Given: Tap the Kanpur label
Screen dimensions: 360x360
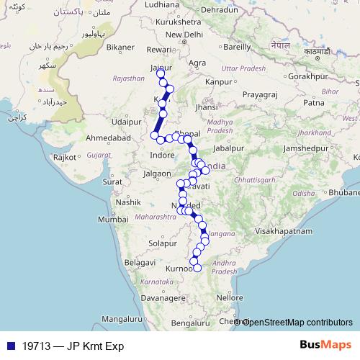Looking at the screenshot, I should pyautogui.click(x=217, y=82).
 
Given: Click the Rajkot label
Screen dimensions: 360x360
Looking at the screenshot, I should pyautogui.click(x=65, y=156).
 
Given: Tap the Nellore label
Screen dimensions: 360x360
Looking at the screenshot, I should pyautogui.click(x=230, y=297).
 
